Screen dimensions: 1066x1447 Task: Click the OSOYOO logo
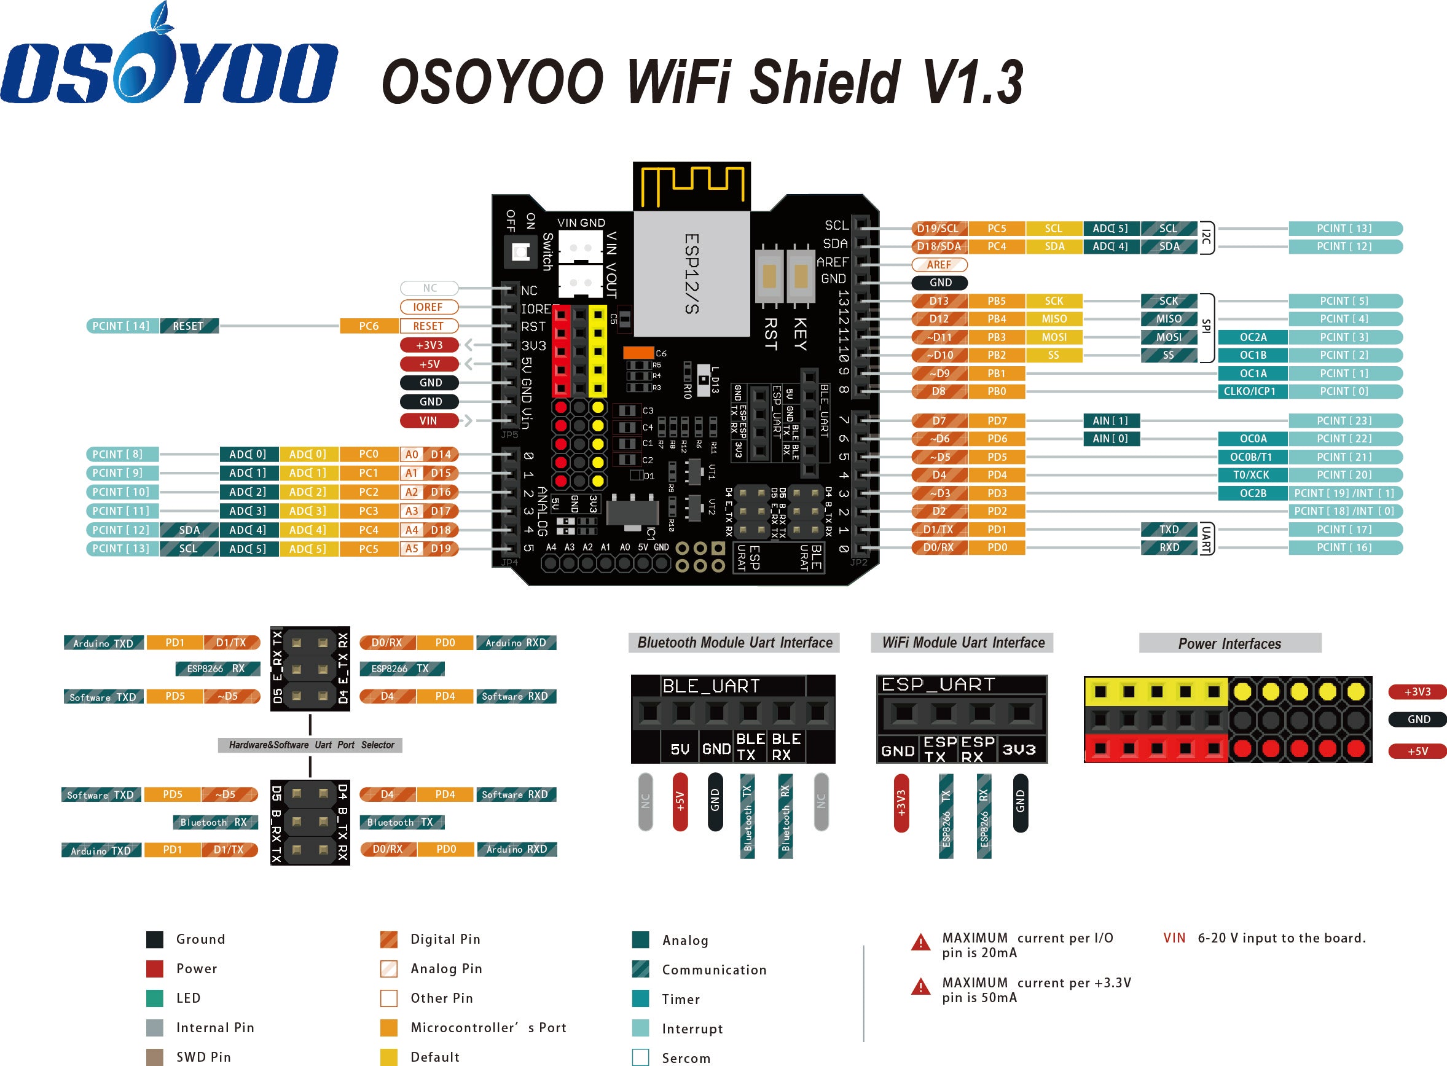pos(169,65)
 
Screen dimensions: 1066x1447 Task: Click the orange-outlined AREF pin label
pos(939,265)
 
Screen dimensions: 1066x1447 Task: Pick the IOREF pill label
pos(428,307)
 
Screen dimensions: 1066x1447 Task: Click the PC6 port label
pos(369,326)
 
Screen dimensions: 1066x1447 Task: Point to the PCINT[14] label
pos(121,326)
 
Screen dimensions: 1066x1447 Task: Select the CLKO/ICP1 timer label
pos(1252,391)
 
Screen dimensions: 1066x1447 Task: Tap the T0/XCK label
pos(1252,475)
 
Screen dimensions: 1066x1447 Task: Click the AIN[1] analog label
pos(1110,421)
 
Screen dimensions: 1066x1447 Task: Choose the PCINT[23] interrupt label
pos(1344,421)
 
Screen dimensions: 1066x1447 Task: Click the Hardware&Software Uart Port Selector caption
pos(311,745)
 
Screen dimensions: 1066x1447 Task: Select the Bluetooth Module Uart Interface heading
pos(734,643)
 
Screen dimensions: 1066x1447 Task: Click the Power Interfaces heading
pos(1229,643)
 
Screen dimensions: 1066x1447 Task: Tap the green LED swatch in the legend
pos(155,998)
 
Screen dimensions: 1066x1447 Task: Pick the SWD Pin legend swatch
pos(155,1057)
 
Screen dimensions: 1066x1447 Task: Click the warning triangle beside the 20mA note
pos(920,943)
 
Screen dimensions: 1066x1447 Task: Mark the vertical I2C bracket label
pos(1206,237)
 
